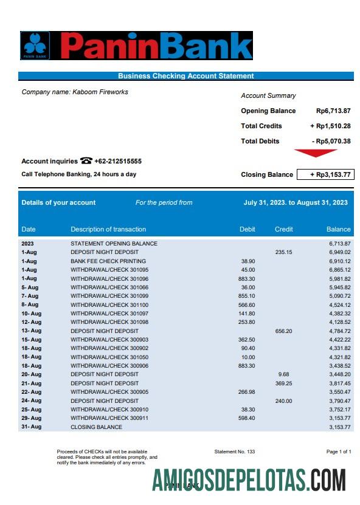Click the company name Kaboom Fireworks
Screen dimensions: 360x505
click(x=100, y=92)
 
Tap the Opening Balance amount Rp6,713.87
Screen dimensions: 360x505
click(x=333, y=111)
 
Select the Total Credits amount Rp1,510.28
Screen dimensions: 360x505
click(x=330, y=126)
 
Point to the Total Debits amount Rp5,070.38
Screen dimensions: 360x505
click(x=331, y=141)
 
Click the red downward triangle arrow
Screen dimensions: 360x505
click(x=316, y=153)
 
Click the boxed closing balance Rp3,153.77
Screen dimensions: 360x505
click(x=324, y=174)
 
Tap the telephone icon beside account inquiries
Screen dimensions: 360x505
click(x=86, y=161)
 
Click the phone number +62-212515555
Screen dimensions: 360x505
click(x=118, y=161)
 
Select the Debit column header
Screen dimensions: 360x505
click(x=247, y=229)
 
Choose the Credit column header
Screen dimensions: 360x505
click(x=284, y=229)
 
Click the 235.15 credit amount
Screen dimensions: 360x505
click(x=283, y=252)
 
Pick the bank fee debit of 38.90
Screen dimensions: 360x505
click(x=248, y=261)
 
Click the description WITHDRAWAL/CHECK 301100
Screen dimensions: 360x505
click(x=109, y=304)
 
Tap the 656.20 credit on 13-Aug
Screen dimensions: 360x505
click(x=283, y=331)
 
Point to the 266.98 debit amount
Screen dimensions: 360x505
click(x=247, y=392)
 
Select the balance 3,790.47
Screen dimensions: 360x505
click(x=339, y=400)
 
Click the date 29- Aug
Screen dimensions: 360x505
click(x=32, y=418)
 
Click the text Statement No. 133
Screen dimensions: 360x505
click(x=235, y=452)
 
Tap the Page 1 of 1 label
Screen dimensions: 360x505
click(x=339, y=452)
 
